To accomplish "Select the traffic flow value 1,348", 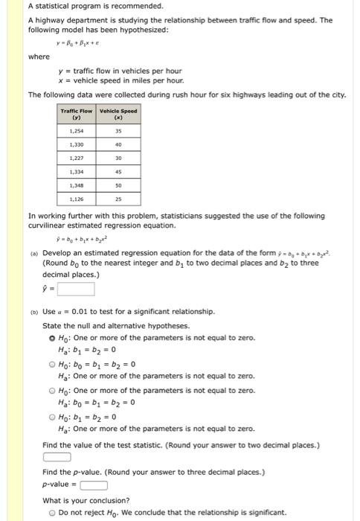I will click(x=76, y=183).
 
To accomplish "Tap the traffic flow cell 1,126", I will click(x=76, y=199).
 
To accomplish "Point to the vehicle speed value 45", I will click(x=118, y=166).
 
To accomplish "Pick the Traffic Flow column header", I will click(x=76, y=114).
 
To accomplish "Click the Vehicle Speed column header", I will click(x=118, y=114).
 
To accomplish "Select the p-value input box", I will click(x=94, y=485).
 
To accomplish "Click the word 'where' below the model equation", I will click(x=39, y=57).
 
